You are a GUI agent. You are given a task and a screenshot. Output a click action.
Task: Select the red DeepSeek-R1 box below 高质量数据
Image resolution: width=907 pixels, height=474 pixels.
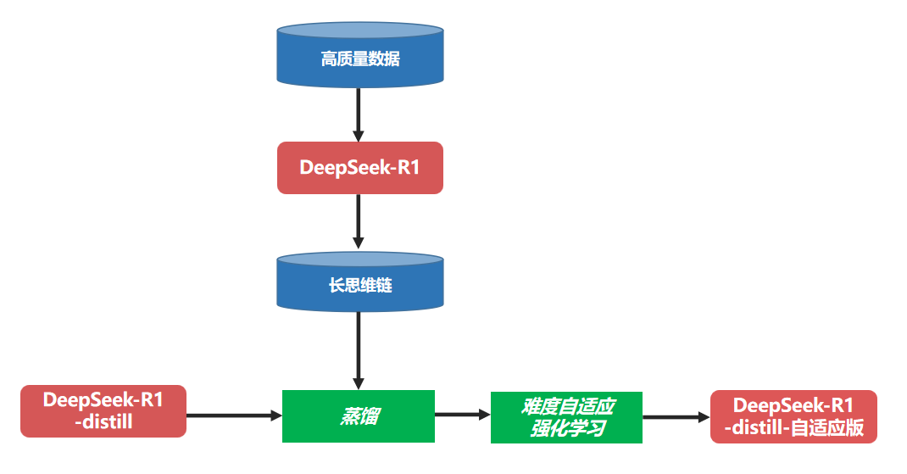pyautogui.click(x=359, y=168)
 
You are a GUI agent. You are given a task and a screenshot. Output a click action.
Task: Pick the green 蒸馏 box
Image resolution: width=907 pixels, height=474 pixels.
pyautogui.click(x=358, y=416)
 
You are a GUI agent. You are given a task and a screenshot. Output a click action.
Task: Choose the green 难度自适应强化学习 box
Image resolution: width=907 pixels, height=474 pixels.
pyautogui.click(x=566, y=417)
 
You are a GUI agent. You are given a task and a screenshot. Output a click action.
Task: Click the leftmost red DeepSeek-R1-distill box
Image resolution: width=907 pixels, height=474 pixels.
pyautogui.click(x=103, y=411)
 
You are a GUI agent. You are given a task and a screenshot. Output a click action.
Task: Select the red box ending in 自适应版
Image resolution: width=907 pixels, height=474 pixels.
pyautogui.click(x=793, y=416)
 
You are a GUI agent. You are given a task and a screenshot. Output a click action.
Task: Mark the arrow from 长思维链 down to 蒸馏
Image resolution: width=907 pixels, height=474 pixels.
pyautogui.click(x=359, y=348)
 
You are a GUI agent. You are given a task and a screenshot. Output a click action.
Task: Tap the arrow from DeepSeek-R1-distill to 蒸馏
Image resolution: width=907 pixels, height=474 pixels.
pyautogui.click(x=233, y=415)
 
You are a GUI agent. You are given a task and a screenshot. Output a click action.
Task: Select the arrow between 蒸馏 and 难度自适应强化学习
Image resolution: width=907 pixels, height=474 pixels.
pyautogui.click(x=463, y=415)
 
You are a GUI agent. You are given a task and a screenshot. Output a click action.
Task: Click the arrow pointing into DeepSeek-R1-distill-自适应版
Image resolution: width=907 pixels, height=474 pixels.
pyautogui.click(x=676, y=417)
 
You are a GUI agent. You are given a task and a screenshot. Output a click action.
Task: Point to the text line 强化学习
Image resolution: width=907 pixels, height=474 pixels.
pyautogui.click(x=567, y=428)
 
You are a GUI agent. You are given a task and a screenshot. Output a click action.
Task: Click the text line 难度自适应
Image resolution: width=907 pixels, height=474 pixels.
pyautogui.click(x=567, y=406)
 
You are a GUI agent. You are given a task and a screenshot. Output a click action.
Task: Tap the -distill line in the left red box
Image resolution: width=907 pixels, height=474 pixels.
pyautogui.click(x=103, y=421)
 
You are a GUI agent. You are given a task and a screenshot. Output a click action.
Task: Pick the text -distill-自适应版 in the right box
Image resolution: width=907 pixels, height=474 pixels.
pyautogui.click(x=793, y=427)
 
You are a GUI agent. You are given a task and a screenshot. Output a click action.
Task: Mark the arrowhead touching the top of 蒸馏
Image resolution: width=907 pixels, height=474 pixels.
pyautogui.click(x=359, y=382)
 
